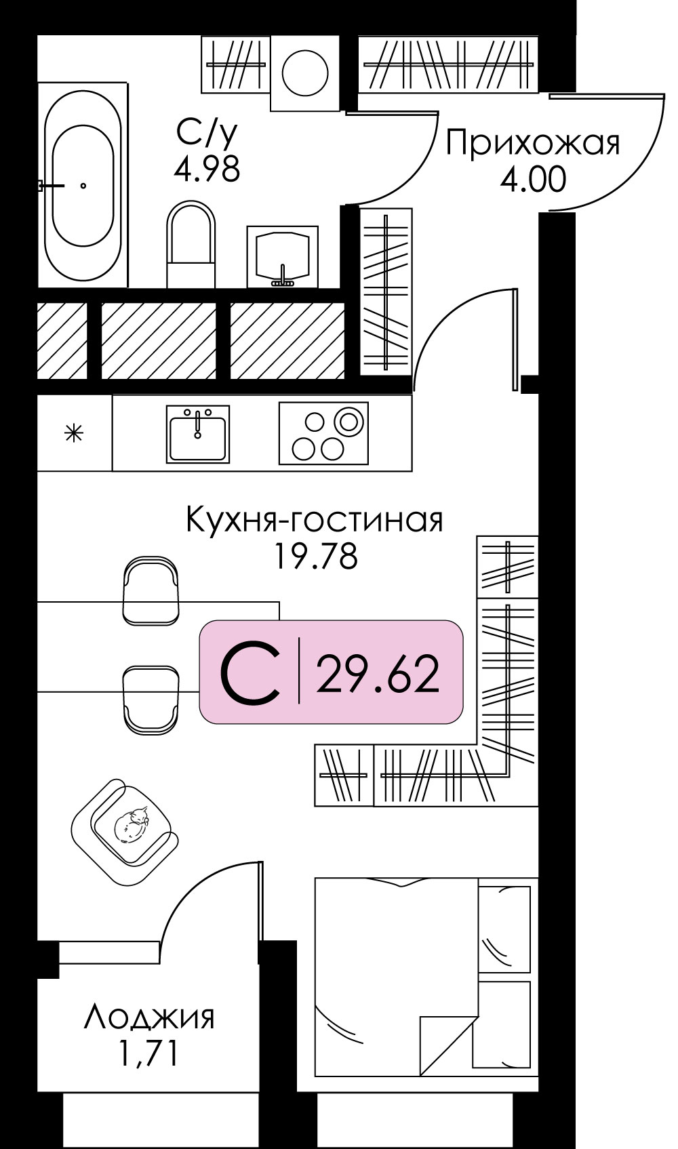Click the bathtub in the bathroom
pos(83,185)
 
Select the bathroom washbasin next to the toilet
pos(282,256)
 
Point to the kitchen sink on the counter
pos(198,435)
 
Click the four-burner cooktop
pos(323,434)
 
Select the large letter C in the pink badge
pos(250,673)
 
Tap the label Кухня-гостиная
pos(314,521)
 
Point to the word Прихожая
pos(533,144)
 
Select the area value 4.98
pos(207,169)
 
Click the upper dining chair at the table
pos(151,589)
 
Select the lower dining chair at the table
pos(151,698)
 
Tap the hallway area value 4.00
pos(533,180)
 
